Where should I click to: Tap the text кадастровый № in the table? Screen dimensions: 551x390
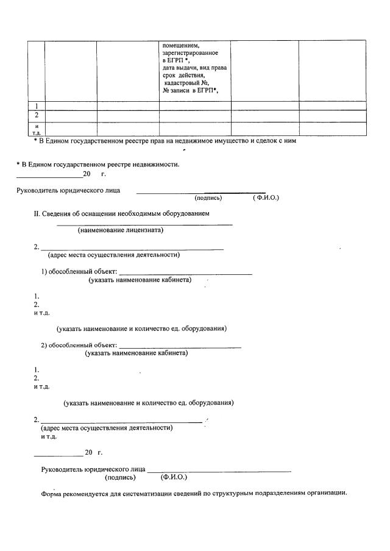click(x=186, y=83)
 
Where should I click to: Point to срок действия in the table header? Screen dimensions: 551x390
click(x=183, y=76)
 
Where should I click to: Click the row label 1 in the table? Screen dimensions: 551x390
click(x=37, y=105)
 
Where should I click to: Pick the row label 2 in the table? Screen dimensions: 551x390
click(x=37, y=115)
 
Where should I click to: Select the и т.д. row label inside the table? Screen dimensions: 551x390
click(x=37, y=129)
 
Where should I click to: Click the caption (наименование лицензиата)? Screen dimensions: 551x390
click(x=121, y=230)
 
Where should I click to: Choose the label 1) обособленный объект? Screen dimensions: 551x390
click(x=79, y=271)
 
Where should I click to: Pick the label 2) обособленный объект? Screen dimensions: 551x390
click(x=79, y=346)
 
